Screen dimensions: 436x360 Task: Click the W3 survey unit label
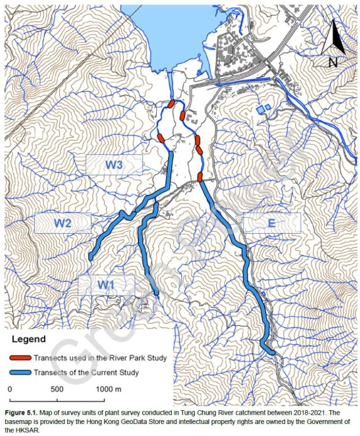[114, 164]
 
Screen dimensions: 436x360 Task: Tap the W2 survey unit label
[62, 222]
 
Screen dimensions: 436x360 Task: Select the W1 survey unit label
[106, 285]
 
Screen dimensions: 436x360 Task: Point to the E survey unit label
[271, 222]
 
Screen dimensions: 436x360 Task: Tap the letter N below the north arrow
[334, 62]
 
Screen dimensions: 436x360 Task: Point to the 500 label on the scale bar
[57, 389]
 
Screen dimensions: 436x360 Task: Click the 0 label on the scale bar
[10, 389]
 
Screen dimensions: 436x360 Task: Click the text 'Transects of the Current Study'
[86, 372]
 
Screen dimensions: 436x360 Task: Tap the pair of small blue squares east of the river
[264, 109]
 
